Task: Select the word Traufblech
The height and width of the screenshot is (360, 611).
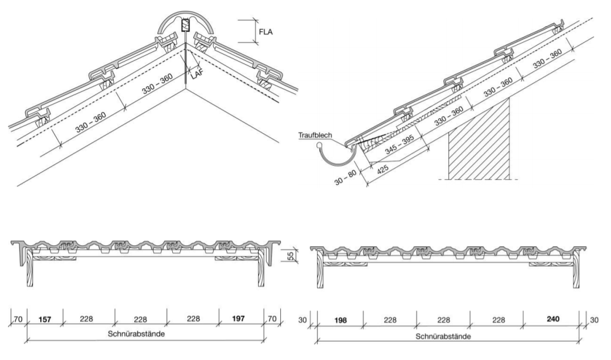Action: (314, 135)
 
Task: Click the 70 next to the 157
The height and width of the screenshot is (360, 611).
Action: (18, 319)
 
